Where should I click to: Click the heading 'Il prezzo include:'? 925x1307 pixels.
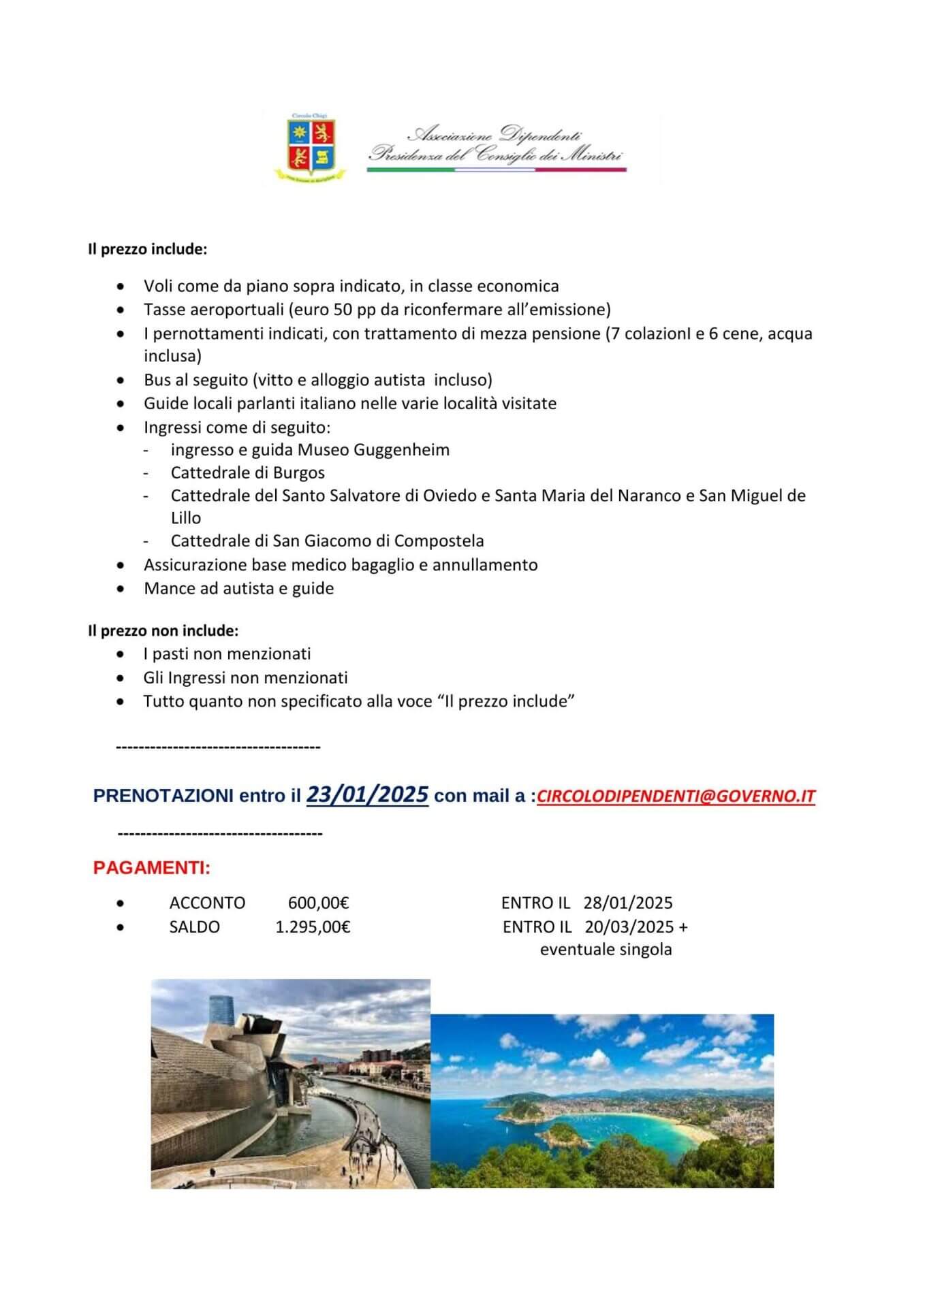click(x=147, y=249)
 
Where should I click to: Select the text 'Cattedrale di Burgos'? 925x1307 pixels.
click(x=247, y=473)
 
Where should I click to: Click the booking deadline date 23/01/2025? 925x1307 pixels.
click(x=367, y=794)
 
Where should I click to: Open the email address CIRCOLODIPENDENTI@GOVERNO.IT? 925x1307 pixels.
click(x=676, y=796)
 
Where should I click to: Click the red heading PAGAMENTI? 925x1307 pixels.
click(x=152, y=869)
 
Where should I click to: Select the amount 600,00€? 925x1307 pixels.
click(x=318, y=903)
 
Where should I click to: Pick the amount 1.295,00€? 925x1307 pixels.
click(x=313, y=927)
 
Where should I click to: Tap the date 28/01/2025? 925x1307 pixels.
click(x=627, y=903)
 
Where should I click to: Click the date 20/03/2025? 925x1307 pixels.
click(x=629, y=927)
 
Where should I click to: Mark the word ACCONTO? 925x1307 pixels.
click(x=207, y=903)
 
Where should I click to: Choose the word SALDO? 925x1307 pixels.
click(x=194, y=927)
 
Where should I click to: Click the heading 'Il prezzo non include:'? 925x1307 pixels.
click(x=163, y=631)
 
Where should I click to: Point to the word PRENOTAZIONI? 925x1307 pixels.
click(x=163, y=796)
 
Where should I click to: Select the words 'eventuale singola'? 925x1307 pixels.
click(x=606, y=950)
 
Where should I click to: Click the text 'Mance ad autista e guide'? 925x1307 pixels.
click(x=238, y=589)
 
